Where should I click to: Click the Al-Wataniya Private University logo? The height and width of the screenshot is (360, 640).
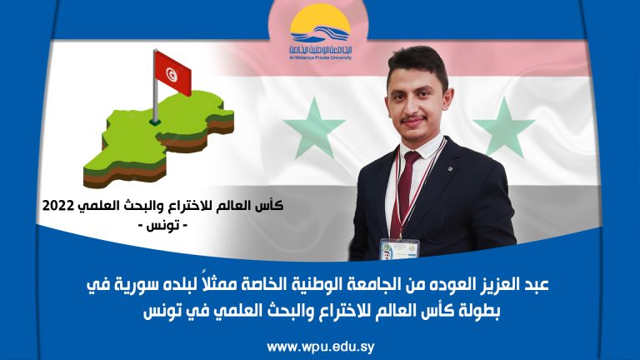[x=320, y=33]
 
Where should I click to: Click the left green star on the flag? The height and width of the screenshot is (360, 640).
[x=313, y=126]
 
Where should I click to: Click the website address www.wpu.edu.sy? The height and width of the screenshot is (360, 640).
[x=320, y=343]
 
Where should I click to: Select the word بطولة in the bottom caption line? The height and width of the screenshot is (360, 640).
[x=492, y=312]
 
